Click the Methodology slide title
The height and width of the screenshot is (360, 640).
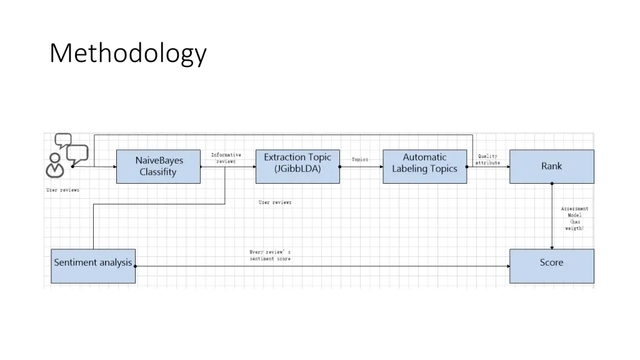[127, 54]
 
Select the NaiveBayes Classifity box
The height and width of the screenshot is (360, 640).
[158, 166]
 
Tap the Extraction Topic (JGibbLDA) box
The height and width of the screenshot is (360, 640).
[297, 166]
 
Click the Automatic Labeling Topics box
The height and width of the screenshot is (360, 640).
[424, 166]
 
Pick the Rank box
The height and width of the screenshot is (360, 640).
[551, 166]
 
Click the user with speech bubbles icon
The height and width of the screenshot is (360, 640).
[66, 155]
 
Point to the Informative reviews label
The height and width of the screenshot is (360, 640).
[226, 158]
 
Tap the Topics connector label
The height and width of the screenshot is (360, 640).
[360, 159]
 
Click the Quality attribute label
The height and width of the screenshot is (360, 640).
[487, 159]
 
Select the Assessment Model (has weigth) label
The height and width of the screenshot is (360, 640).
[574, 219]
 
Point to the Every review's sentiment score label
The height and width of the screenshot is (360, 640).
[270, 255]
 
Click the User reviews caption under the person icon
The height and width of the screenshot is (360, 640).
[63, 190]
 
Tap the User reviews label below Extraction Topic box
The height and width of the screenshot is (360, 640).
[275, 202]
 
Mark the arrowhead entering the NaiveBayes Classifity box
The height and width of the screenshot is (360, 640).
[114, 167]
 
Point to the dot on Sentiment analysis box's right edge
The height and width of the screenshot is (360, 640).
[136, 266]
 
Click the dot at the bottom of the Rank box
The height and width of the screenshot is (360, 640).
[551, 183]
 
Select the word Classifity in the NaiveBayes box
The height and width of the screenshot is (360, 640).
[158, 172]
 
